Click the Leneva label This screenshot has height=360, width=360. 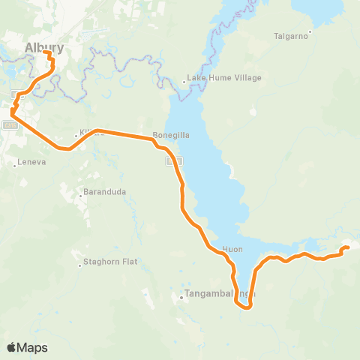coord(27,161)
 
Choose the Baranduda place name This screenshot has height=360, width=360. coord(105,192)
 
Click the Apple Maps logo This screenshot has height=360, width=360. coord(27,347)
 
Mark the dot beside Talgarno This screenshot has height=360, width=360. coord(310,32)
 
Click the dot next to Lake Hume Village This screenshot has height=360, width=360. coord(184,81)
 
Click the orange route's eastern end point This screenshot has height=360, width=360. coord(347,247)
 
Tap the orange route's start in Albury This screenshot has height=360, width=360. coord(45,53)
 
